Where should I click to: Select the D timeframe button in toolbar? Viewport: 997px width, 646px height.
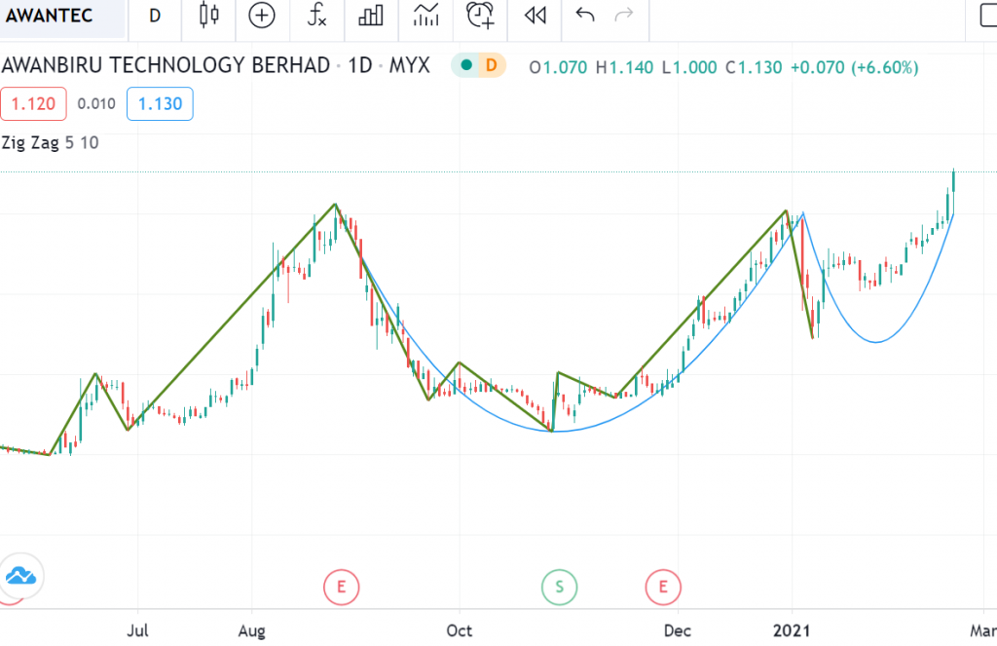pos(155,16)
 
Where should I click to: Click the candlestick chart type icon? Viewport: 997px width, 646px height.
pos(208,16)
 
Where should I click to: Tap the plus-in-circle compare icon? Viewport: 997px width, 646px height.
pos(262,16)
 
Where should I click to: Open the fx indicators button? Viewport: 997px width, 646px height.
pos(316,16)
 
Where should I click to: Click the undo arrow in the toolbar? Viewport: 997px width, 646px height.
pos(585,16)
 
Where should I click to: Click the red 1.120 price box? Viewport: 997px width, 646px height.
pos(33,103)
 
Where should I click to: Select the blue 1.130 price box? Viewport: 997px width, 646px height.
pos(160,103)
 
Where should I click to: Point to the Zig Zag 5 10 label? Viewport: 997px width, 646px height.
pos(50,142)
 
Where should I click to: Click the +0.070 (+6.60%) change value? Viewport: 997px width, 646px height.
pos(854,67)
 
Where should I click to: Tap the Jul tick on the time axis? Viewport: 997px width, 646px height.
pos(139,630)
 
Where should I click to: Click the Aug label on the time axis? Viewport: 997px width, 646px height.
pos(252,630)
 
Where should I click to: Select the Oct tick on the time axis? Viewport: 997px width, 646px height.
pos(459,630)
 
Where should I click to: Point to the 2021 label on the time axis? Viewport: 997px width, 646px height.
pos(793,630)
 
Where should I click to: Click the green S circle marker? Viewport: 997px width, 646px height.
pos(559,587)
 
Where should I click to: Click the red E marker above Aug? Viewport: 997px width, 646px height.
pos(341,587)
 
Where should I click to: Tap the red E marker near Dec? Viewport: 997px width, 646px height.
pos(663,587)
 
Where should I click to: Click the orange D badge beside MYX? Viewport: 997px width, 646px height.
pos(491,66)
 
